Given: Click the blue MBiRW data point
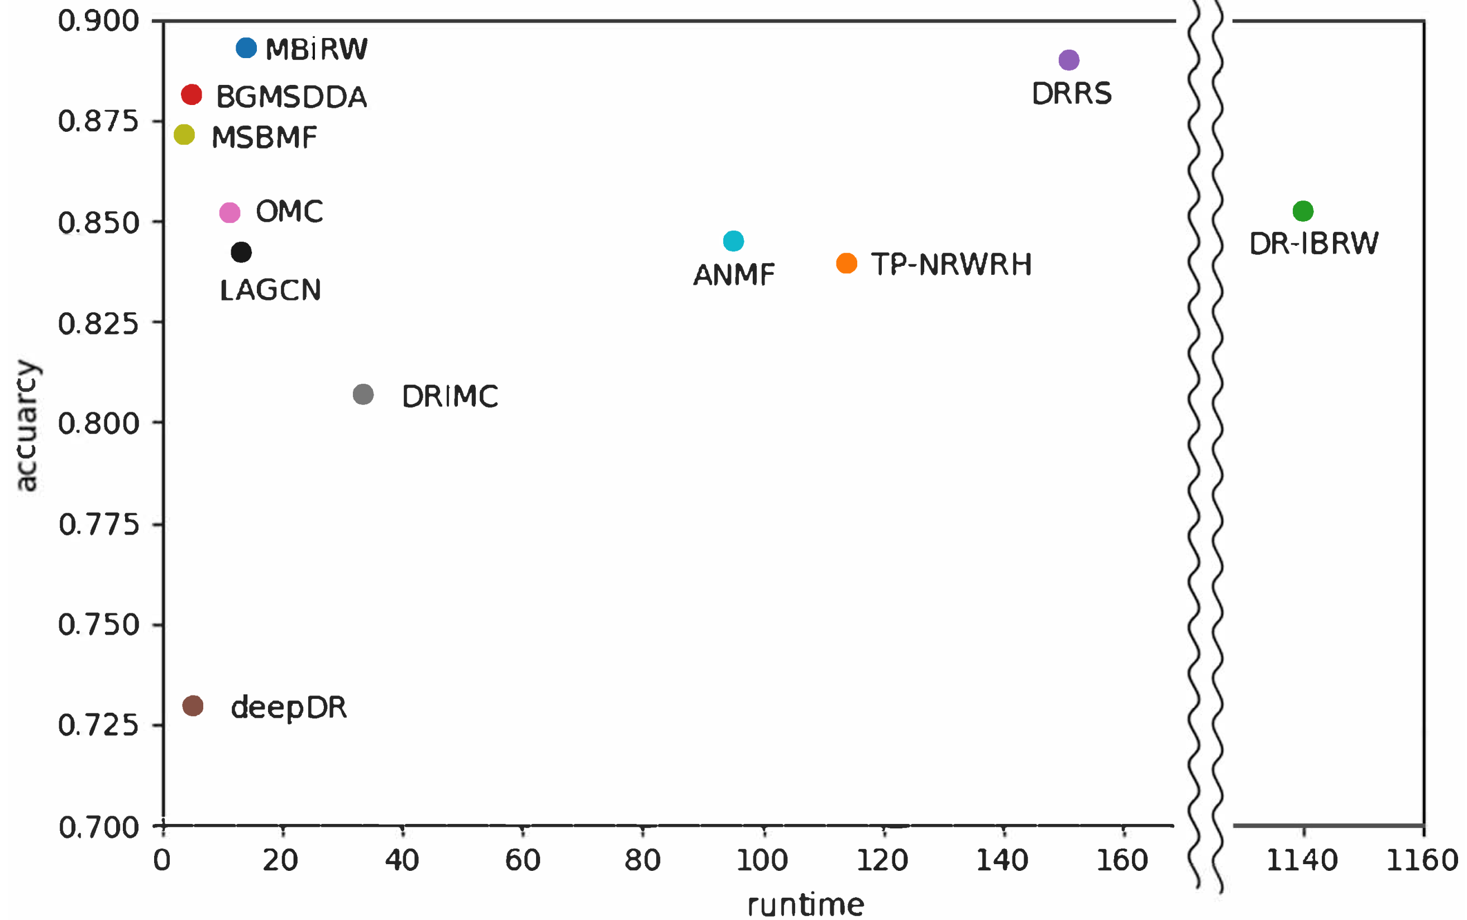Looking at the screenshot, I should coord(246,47).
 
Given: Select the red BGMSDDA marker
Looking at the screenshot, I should coord(191,94).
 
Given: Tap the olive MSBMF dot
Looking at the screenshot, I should coord(184,135).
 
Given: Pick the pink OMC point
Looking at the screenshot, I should coord(230,212).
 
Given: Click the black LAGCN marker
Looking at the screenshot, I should coord(241,252).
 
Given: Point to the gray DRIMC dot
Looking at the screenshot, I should coord(362,394).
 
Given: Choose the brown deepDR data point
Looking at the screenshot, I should coord(192,706).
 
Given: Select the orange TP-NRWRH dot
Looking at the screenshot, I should coord(846,263).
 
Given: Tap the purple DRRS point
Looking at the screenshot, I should coord(1069,60).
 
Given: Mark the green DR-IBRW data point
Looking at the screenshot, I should coord(1302,211).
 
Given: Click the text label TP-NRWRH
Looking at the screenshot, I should coord(950,265).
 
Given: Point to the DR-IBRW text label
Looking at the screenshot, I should coord(1313,244).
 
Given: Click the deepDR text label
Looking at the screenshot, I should coord(288,708).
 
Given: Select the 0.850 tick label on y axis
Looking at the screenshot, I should coord(98,223).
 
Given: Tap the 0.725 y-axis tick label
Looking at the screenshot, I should coord(98,725).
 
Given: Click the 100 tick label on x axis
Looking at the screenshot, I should coord(762,860).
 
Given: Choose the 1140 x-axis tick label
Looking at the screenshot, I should coord(1301,860).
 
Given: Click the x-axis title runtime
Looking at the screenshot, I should coord(805,905).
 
